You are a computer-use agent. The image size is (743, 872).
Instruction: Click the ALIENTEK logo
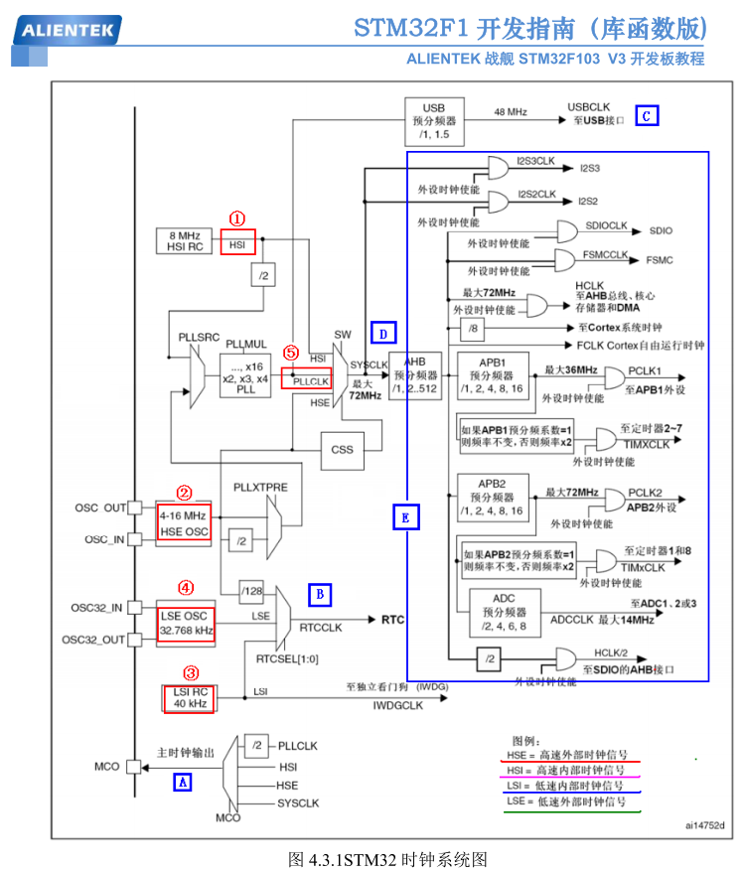[68, 30]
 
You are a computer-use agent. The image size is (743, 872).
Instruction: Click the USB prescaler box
[434, 120]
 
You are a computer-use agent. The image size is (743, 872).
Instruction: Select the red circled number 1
[237, 218]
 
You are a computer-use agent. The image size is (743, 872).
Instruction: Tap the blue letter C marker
[646, 115]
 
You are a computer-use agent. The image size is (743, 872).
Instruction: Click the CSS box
[342, 449]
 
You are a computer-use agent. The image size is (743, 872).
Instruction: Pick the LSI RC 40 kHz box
[190, 697]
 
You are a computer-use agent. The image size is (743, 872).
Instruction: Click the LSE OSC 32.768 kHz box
[186, 623]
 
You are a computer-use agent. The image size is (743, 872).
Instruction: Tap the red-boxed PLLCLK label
[306, 377]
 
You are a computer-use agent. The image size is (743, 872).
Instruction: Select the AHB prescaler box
[414, 375]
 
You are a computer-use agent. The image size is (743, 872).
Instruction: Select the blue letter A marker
[182, 782]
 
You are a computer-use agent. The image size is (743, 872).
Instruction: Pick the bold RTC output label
[393, 619]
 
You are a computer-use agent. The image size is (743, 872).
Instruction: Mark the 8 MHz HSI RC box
[184, 241]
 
